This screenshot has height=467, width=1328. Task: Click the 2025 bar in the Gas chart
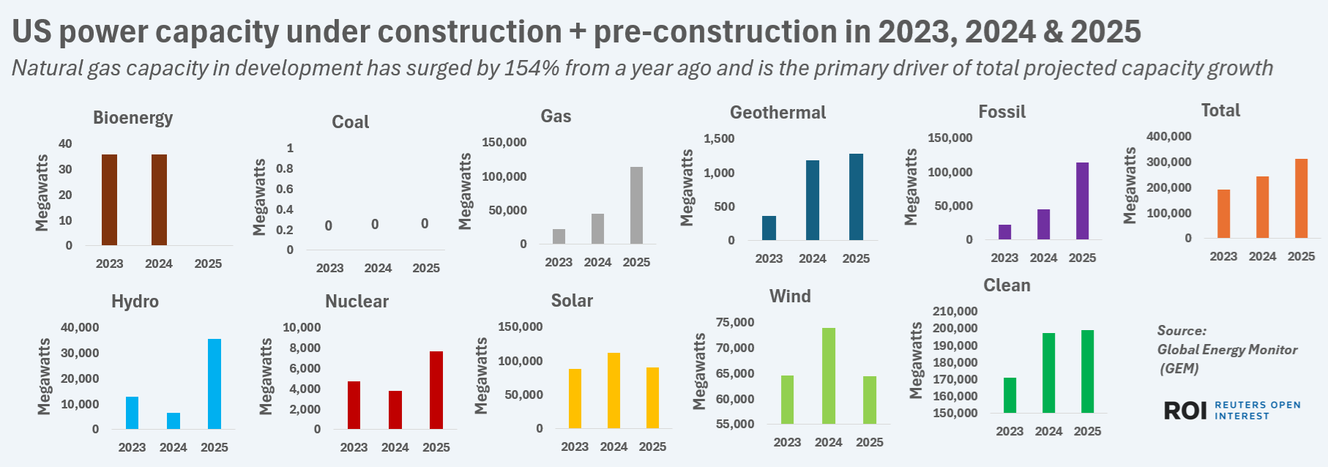point(636,206)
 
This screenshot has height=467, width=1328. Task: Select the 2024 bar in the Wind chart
point(828,376)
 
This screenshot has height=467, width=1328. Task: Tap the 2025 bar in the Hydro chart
point(215,384)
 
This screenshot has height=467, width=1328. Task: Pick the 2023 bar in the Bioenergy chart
point(109,200)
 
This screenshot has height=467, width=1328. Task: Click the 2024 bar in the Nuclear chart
point(395,410)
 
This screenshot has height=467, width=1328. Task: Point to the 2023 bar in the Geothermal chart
point(769,228)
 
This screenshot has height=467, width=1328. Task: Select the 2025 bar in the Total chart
point(1301,198)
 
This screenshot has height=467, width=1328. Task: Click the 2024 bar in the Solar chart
point(613,390)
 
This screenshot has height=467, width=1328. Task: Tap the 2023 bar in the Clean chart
point(1010,395)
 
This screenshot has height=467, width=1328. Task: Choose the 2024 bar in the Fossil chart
point(1043,224)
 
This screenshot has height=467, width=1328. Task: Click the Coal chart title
point(350,122)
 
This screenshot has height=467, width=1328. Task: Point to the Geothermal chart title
point(777,113)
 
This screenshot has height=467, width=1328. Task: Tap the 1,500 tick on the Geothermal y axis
point(719,138)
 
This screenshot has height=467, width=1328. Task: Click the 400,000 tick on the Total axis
point(1168,136)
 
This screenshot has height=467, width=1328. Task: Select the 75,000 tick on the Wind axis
point(735,322)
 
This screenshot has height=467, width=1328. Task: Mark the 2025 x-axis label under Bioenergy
point(208,264)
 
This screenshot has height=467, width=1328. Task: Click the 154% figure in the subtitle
point(531,68)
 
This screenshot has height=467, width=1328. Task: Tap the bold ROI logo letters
point(1185,411)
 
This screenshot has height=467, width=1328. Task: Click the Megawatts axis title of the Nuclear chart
point(266,376)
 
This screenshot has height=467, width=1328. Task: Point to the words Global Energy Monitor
point(1227,350)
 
